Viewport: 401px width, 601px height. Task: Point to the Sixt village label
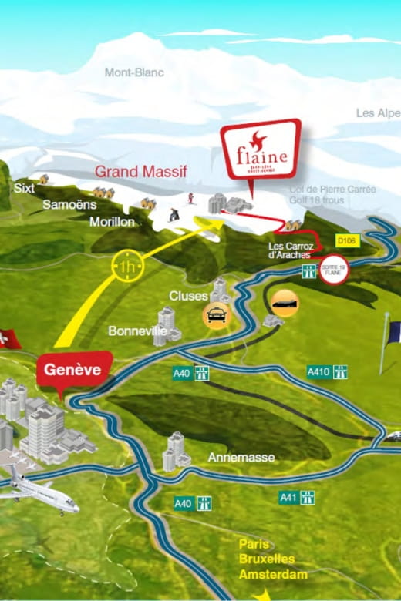click(x=24, y=187)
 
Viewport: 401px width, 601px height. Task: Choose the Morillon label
click(x=112, y=222)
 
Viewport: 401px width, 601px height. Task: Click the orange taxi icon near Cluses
click(x=215, y=314)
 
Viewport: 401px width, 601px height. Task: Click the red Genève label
click(x=72, y=370)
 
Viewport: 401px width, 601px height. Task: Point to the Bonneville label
click(x=137, y=331)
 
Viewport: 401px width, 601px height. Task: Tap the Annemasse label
click(x=241, y=457)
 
